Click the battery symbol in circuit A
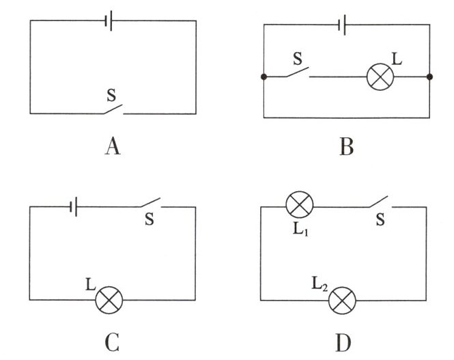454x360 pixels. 109,20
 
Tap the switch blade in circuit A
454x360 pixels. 113,109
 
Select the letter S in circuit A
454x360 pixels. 111,95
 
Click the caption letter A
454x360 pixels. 113,146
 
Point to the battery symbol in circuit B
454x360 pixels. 342,25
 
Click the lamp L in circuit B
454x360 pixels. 380,77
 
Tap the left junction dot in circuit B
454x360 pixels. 264,77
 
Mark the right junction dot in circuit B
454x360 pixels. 429,77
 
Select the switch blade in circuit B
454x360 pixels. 298,72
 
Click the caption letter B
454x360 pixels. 347,147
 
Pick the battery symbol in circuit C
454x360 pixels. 73,207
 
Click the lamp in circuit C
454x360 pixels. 109,300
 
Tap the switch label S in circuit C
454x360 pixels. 150,219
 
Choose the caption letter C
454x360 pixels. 112,342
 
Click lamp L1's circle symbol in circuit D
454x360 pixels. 300,204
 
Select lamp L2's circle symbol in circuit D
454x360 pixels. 342,301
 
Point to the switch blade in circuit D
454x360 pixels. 378,202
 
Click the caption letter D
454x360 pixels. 343,342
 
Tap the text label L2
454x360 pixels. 320,283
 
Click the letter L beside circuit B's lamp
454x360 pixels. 397,59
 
